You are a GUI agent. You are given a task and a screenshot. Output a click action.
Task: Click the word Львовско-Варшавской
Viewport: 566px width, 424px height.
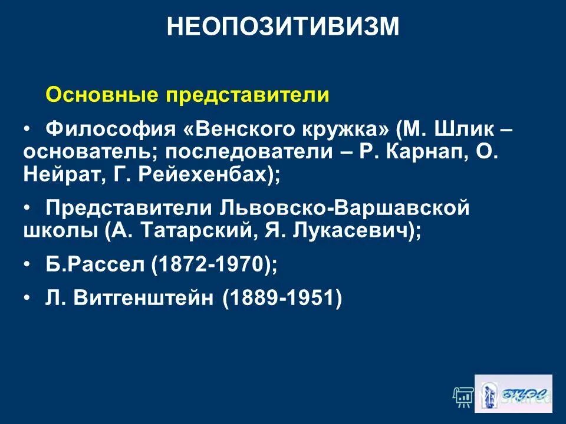[x=343, y=208]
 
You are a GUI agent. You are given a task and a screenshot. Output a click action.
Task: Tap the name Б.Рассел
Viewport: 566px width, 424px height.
[x=95, y=265]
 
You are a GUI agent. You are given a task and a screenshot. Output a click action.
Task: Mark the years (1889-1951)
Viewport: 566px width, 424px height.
[x=282, y=298]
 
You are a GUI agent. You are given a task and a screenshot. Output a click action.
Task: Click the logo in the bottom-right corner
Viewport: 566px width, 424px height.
[x=514, y=393]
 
